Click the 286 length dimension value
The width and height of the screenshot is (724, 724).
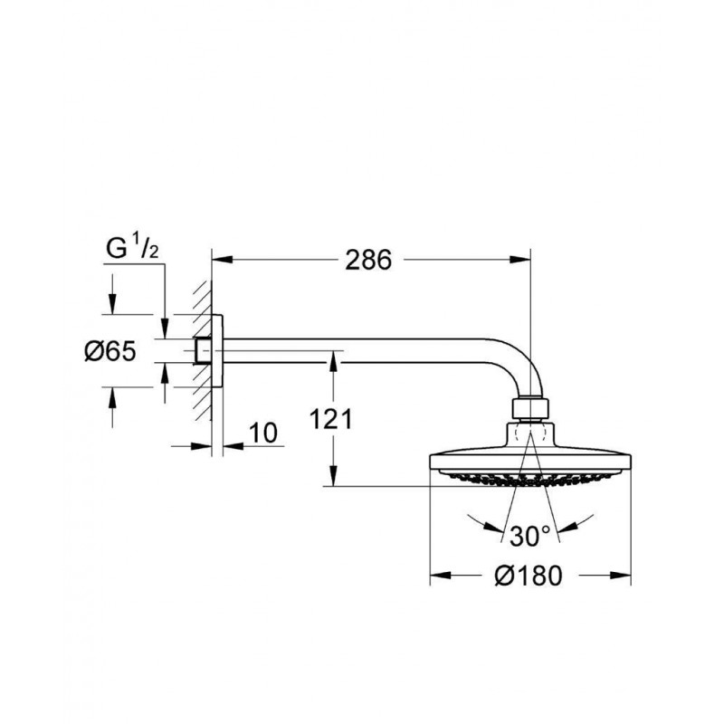point(368,260)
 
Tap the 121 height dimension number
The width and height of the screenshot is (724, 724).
point(330,420)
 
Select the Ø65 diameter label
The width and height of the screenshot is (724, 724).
point(110,351)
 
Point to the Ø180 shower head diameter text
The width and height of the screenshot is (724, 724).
point(529,576)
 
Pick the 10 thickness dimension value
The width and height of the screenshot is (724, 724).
point(263,433)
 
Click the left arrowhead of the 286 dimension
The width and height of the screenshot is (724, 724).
point(222,260)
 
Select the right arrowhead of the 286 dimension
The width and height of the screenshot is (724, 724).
point(520,260)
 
